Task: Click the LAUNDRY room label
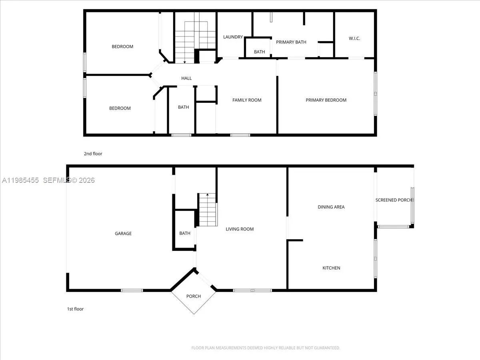point(233,37)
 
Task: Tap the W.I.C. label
point(354,38)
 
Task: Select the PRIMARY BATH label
point(291,42)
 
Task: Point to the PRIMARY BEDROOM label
point(326,100)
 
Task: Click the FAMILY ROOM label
point(247,100)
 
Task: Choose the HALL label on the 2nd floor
point(186,78)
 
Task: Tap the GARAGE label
point(123,234)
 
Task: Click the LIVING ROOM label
point(240,229)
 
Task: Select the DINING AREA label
point(331,207)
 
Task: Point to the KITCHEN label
point(331,268)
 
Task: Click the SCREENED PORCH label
point(394,200)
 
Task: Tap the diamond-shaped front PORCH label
point(194,296)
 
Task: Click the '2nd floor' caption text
point(93,154)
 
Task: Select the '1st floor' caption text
point(75,309)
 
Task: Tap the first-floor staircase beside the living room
point(208,210)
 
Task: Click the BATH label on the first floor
point(185,233)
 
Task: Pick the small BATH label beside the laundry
point(259,52)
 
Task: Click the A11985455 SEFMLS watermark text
point(48,180)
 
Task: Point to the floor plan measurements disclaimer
point(266,348)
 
